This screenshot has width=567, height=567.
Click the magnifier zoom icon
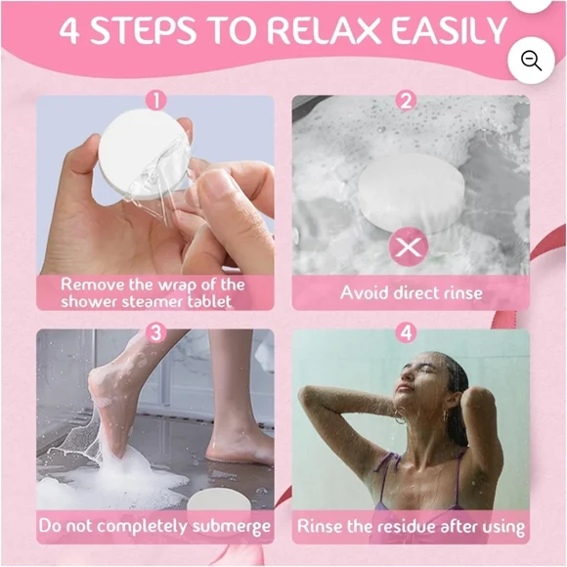[532, 61]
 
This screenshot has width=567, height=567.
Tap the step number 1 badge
[155, 100]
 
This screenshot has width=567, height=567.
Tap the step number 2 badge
[407, 100]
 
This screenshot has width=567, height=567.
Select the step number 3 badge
[155, 332]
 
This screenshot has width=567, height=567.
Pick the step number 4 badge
[407, 332]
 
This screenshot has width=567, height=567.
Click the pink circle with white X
[408, 246]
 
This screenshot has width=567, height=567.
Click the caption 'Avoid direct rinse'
[411, 292]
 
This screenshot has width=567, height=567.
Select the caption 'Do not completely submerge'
[155, 526]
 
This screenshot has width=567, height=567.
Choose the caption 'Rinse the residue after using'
[411, 526]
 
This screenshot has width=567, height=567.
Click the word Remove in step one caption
[92, 284]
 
